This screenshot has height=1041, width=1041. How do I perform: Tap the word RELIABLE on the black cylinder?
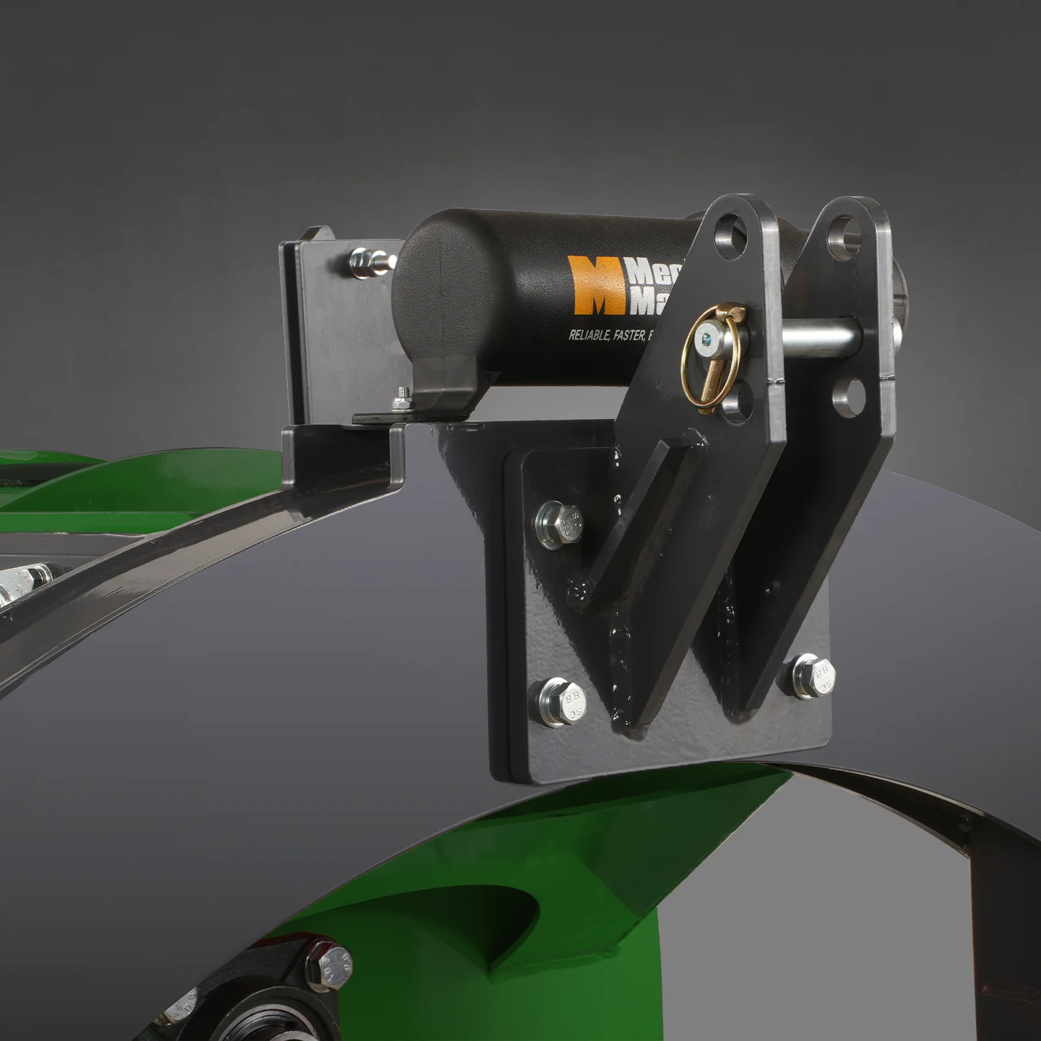(x=589, y=335)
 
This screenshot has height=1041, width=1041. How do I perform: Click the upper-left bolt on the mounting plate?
(x=558, y=523)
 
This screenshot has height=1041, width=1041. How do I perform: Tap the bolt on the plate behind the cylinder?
(x=365, y=262)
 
